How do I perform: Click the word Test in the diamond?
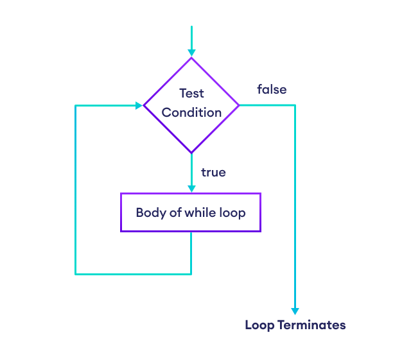pyautogui.click(x=191, y=93)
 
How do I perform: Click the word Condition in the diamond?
pyautogui.click(x=191, y=112)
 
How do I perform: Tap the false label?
pyautogui.click(x=272, y=89)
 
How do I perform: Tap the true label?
pyautogui.click(x=213, y=173)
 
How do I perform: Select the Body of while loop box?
pyautogui.click(x=191, y=212)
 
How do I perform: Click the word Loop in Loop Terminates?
pyautogui.click(x=259, y=325)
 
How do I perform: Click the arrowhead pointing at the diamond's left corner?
pyautogui.click(x=139, y=105)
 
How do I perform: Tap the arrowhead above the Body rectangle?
pyautogui.click(x=191, y=189)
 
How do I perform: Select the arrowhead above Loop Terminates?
pyautogui.click(x=295, y=311)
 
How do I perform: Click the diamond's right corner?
pyautogui.click(x=239, y=105)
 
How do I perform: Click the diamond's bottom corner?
pyautogui.click(x=191, y=153)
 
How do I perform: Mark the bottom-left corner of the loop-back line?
pyautogui.click(x=76, y=274)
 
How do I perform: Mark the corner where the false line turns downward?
pyautogui.click(x=295, y=105)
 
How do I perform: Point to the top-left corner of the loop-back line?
pyautogui.click(x=76, y=105)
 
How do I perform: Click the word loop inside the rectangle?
pyautogui.click(x=232, y=212)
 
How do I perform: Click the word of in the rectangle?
pyautogui.click(x=175, y=212)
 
